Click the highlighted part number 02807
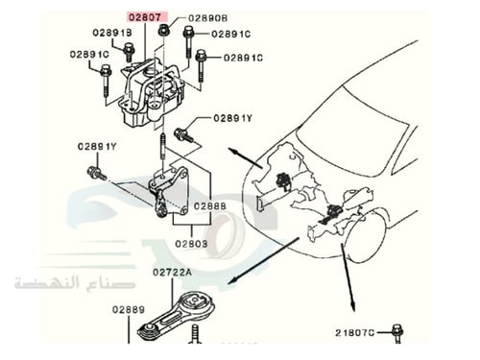point(148,17)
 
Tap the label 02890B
point(207,17)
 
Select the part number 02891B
point(112,33)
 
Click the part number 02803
point(190,245)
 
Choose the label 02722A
point(172,273)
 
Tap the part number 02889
point(128,309)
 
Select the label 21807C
point(355,332)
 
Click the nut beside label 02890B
point(164,30)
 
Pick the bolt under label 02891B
point(130,51)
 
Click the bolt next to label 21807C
point(396,334)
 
